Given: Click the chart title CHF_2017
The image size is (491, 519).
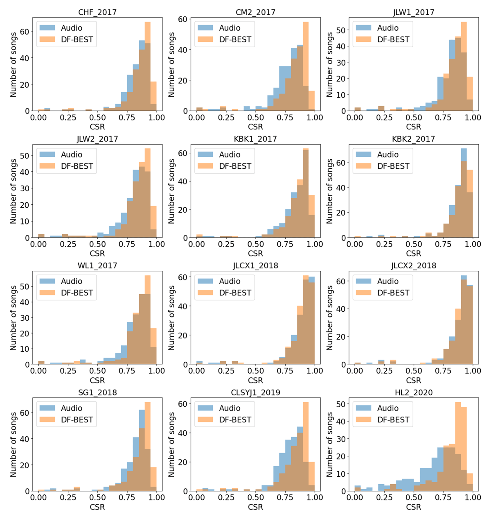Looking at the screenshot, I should (97, 12).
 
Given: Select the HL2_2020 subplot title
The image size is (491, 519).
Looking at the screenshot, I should (413, 392).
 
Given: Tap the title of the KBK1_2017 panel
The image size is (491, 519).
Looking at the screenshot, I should (255, 139).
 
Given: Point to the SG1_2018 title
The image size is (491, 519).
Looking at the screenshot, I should (97, 392).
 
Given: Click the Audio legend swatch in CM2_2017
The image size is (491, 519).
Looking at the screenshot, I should (206, 28).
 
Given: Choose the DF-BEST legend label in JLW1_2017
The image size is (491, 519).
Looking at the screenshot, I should (393, 39).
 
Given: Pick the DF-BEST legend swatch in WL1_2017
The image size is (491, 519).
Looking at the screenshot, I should (47, 293).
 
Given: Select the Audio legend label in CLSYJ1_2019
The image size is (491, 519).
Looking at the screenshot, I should (230, 408).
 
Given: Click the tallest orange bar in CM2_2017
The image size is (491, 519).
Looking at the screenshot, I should (306, 66).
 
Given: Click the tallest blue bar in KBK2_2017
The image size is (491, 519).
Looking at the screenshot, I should (464, 193).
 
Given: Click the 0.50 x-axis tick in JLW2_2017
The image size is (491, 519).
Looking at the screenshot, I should (97, 244).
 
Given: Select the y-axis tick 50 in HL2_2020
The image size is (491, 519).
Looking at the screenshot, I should (341, 404).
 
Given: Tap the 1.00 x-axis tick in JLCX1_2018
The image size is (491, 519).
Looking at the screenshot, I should (314, 371).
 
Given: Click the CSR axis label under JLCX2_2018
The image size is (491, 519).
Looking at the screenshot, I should (413, 380).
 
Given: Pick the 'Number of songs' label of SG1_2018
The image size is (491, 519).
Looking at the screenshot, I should (14, 444).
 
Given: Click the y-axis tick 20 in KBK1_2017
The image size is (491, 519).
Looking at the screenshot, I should (183, 210).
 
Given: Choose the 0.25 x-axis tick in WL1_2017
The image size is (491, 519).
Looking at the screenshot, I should (68, 371).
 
